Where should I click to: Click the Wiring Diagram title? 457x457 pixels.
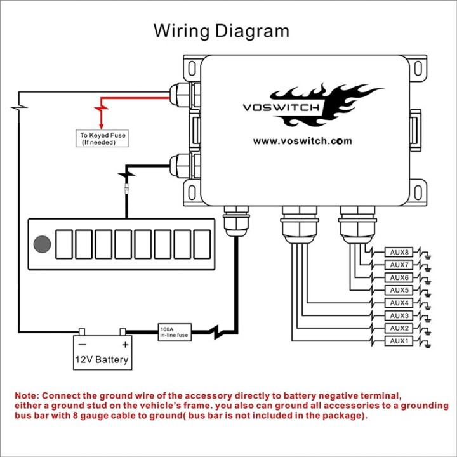coord(222,31)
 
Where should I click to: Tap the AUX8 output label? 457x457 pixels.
coord(399,252)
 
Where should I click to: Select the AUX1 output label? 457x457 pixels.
coord(399,341)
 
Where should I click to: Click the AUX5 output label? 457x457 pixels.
coord(399,290)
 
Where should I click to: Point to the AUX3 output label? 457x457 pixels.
coord(399,315)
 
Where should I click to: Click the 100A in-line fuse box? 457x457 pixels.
coord(175,332)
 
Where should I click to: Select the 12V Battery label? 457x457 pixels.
coord(102,360)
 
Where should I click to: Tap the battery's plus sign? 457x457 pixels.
coord(125,345)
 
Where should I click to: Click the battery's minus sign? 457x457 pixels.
coord(83,345)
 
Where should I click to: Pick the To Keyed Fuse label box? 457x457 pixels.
coord(102,138)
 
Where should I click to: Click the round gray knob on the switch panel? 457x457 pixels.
coord(43,244)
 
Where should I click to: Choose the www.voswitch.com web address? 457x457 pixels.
coord(303,142)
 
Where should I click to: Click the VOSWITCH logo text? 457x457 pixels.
coord(281,107)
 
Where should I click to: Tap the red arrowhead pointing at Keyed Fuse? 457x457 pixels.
coord(101,126)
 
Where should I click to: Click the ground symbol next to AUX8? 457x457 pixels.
coord(428,257)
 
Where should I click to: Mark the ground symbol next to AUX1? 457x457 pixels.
coord(428,345)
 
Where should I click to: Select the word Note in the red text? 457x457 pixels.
coord(27,396)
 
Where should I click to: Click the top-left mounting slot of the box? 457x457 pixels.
coord(192,69)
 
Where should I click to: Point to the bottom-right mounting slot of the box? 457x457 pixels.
coord(418,192)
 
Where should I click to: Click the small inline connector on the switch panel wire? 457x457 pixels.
coord(126,189)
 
